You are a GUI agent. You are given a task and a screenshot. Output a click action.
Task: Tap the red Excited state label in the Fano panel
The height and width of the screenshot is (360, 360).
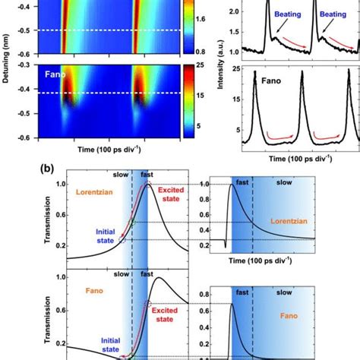(x=173, y=329)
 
